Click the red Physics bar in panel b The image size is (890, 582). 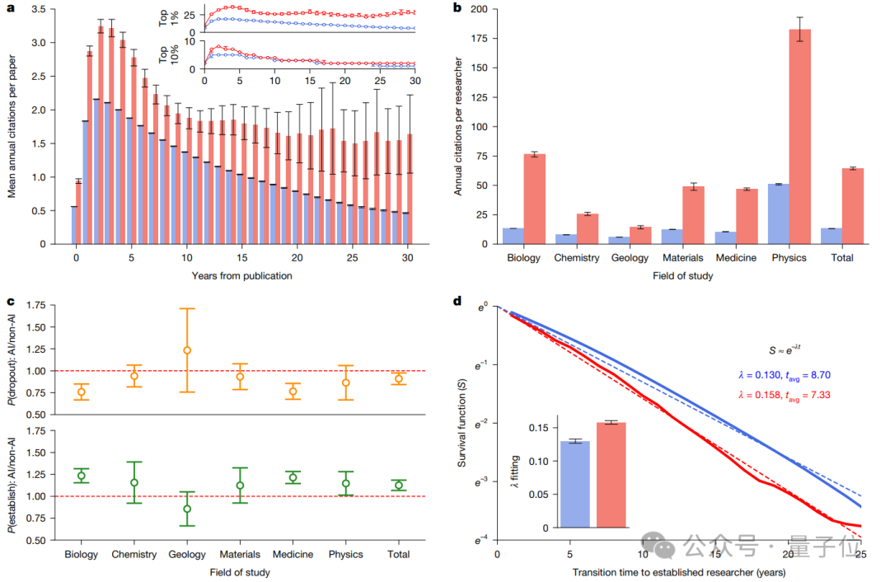(x=799, y=137)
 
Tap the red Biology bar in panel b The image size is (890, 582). (x=535, y=199)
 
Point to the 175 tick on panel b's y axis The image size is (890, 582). (x=480, y=38)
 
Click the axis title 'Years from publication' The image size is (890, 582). (x=241, y=276)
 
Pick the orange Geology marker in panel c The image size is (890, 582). (x=187, y=350)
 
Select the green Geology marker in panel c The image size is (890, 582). (x=187, y=509)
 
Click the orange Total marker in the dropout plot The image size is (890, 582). (x=399, y=378)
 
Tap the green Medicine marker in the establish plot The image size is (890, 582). (x=293, y=477)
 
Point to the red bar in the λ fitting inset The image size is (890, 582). (x=611, y=476)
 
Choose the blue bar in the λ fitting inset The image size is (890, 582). (x=575, y=485)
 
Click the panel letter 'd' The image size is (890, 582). (x=457, y=301)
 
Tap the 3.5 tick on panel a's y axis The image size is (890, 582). (x=39, y=10)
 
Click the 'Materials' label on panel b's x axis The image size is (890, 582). (x=683, y=258)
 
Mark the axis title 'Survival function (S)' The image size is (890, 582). (x=461, y=423)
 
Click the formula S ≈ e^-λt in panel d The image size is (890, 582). (x=785, y=350)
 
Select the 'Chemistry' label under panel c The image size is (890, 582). (x=134, y=554)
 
